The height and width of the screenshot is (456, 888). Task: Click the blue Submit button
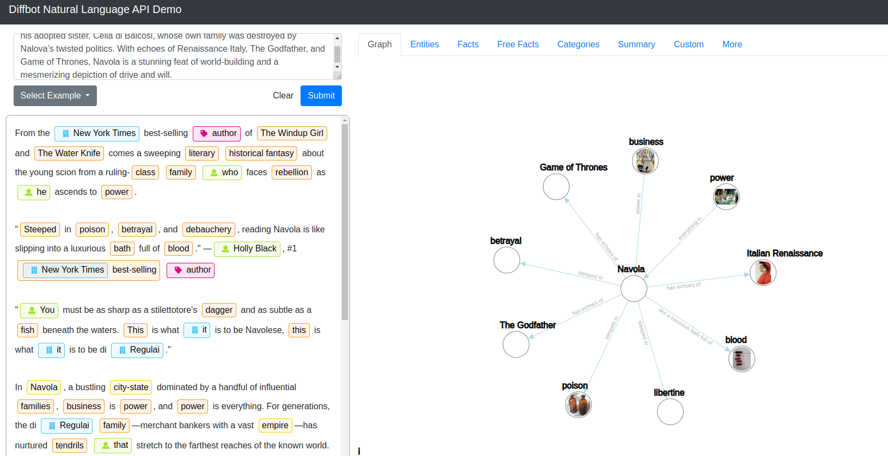tap(321, 96)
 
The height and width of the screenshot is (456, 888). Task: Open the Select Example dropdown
tap(55, 96)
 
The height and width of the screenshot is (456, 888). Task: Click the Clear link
tap(283, 96)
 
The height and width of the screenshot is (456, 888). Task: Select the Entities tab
tap(424, 45)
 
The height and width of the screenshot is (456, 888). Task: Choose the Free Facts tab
tap(518, 45)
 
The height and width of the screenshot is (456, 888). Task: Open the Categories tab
tap(578, 45)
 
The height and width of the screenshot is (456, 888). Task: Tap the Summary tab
tap(636, 45)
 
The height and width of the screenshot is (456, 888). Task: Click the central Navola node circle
tap(634, 288)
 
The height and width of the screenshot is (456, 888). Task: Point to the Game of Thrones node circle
tap(556, 187)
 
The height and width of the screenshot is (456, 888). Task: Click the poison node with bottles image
tap(578, 405)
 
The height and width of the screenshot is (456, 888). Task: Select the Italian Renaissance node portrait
tap(763, 273)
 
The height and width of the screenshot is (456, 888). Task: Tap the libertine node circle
tap(670, 412)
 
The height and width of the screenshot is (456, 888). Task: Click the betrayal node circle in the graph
tap(506, 260)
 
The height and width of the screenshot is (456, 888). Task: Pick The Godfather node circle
tap(516, 344)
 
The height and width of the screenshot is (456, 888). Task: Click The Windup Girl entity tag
tap(292, 133)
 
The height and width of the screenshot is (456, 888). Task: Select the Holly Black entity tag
tap(248, 249)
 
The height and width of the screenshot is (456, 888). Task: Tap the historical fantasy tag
tap(261, 153)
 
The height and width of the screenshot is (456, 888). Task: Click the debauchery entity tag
tap(209, 230)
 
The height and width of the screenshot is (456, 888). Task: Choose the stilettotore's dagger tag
tap(219, 310)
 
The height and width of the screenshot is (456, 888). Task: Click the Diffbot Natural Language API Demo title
tap(95, 10)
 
